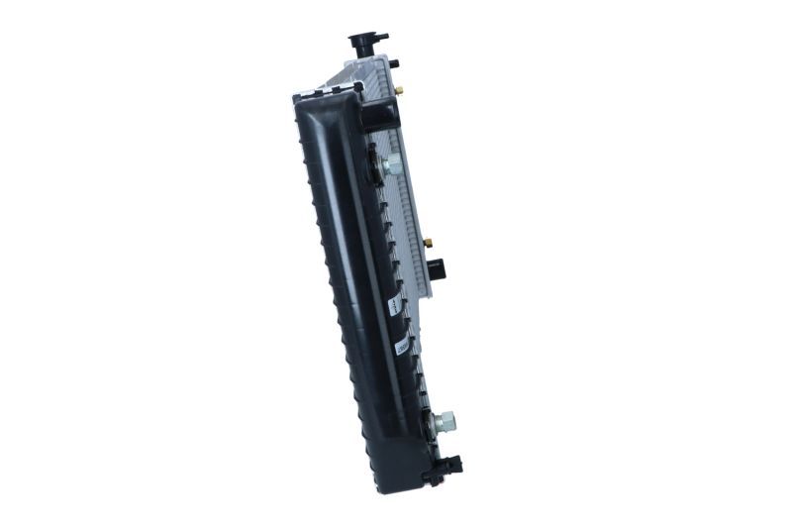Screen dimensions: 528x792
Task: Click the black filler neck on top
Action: click(367, 49)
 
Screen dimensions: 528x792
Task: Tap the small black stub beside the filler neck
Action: click(393, 63)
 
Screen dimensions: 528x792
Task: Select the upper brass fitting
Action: click(399, 89)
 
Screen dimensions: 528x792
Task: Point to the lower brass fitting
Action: click(429, 241)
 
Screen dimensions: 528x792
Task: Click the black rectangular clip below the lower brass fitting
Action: click(439, 267)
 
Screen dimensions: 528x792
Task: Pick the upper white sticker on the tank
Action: click(393, 302)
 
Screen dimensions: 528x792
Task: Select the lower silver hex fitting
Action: click(445, 420)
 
